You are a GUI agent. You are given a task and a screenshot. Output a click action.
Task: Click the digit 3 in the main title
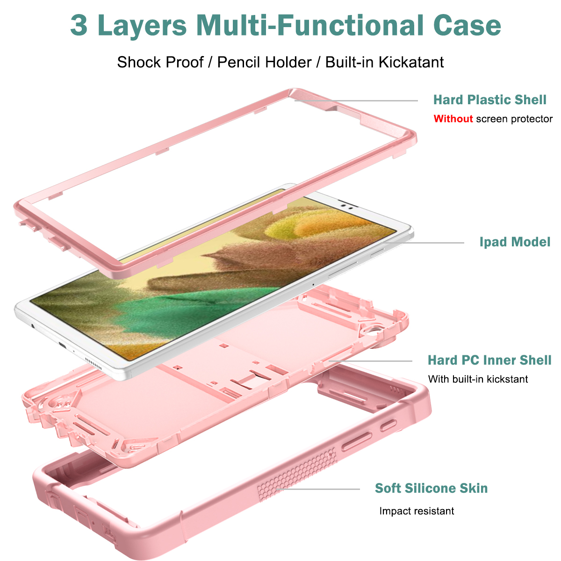tap(79, 26)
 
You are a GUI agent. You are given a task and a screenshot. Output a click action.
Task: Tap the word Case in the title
tap(467, 26)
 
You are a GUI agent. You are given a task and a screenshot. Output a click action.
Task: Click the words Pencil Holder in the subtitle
tap(264, 62)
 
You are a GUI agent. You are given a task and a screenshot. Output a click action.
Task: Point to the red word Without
tap(453, 119)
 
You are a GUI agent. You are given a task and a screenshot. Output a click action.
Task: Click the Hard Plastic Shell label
tap(489, 100)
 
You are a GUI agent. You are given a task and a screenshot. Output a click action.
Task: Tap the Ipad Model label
tap(515, 242)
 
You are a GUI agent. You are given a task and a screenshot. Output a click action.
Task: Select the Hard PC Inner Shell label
tap(489, 360)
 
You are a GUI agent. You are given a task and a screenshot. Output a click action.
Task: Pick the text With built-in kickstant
tap(478, 379)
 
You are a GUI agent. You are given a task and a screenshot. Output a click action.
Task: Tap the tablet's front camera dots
tap(347, 207)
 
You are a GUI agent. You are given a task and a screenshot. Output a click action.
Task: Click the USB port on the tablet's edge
tap(62, 345)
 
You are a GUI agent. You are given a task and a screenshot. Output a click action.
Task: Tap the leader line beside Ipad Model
tap(422, 243)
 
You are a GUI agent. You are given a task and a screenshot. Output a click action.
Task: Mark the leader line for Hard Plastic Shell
tap(356, 101)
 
